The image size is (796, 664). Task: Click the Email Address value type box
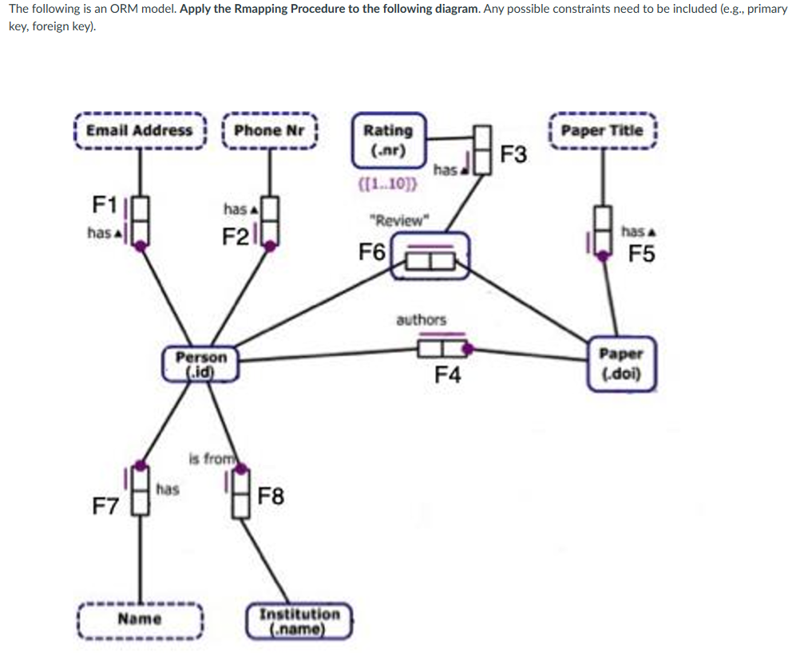pyautogui.click(x=140, y=130)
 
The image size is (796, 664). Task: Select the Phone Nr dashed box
pyautogui.click(x=270, y=130)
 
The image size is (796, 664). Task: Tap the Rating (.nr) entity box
pyautogui.click(x=388, y=140)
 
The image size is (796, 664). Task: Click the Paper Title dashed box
pyautogui.click(x=603, y=130)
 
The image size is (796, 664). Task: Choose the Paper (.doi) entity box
pyautogui.click(x=621, y=364)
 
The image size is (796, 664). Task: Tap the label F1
pyautogui.click(x=105, y=204)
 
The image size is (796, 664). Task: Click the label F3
pyautogui.click(x=514, y=154)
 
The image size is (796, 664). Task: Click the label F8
pyautogui.click(x=271, y=496)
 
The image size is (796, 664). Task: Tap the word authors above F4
pyautogui.click(x=422, y=320)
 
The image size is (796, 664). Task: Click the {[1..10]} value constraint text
pyautogui.click(x=385, y=184)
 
